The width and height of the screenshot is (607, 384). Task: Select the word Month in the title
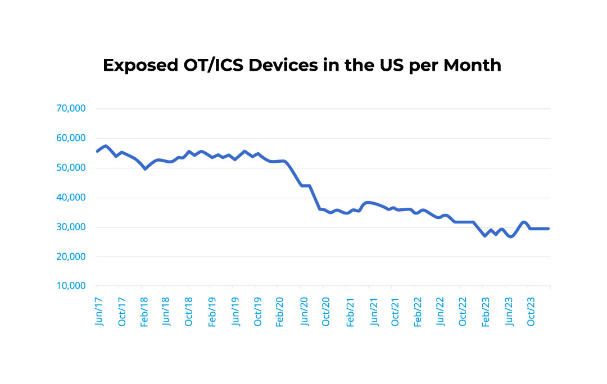472,66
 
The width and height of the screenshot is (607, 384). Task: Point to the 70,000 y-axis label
71,108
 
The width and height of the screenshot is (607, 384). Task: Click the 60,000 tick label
71,138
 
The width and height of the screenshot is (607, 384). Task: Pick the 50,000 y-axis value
71,168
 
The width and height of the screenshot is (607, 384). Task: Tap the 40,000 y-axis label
71,198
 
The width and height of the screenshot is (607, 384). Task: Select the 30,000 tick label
71,227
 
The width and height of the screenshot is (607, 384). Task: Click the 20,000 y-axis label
71,257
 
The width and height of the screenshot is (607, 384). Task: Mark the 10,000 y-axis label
71,286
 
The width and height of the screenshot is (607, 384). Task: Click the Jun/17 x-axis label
99,310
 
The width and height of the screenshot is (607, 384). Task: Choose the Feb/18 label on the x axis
144,310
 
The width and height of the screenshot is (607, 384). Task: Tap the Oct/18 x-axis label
189,310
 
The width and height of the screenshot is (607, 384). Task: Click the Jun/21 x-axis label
372,310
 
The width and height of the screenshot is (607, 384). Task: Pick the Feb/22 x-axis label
417,310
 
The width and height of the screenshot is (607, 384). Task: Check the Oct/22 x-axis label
463,310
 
